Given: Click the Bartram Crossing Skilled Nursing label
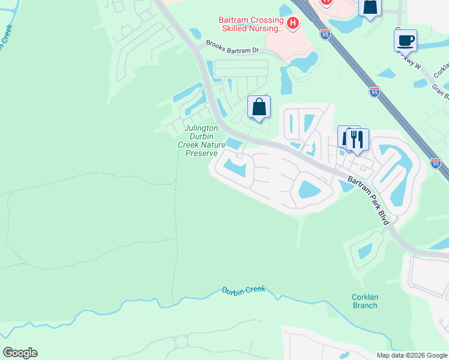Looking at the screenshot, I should point(250,24).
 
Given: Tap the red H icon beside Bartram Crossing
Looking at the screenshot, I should point(293,24).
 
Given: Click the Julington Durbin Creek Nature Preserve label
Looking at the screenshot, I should point(201,140).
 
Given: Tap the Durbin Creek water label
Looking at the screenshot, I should point(243,290).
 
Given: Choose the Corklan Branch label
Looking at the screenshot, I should point(364,301).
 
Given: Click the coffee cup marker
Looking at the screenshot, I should point(405,40).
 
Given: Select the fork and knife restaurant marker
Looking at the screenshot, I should point(357,139).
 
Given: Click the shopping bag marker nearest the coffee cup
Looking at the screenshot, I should point(370,7).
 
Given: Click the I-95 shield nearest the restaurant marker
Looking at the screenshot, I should point(436,163).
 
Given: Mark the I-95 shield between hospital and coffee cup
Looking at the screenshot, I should point(374,91).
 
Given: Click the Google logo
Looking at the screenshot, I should point(20,353).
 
